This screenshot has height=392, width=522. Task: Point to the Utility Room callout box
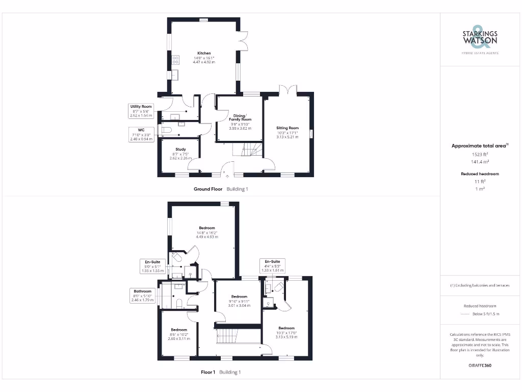141,111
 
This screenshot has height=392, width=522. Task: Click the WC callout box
141,134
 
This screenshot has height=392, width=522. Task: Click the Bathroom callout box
143,296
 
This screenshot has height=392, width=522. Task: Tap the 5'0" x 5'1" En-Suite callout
152,265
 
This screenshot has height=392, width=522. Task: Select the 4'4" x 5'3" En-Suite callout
272,265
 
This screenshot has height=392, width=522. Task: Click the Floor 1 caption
207,372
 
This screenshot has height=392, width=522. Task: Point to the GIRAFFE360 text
480,365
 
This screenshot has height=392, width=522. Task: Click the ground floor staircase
247,150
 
